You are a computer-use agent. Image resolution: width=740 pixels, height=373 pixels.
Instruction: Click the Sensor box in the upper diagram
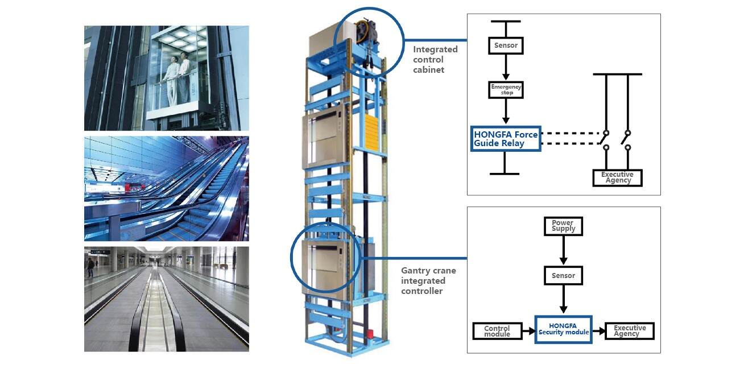(x=506, y=45)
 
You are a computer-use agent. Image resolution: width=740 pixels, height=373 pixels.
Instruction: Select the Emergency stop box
(x=506, y=90)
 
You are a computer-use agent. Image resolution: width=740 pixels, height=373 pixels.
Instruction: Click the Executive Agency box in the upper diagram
(x=617, y=177)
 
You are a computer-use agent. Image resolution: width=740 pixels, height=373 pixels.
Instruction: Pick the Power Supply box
(x=563, y=226)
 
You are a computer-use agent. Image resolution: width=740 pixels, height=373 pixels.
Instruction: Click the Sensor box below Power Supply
(x=563, y=276)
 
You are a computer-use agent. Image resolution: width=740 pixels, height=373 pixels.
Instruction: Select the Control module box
(x=497, y=331)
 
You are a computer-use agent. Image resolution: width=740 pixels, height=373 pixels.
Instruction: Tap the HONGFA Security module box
(x=563, y=330)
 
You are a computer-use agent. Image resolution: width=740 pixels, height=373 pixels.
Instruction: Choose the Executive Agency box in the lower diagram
(x=630, y=331)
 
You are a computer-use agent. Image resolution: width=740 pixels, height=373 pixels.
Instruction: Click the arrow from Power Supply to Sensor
(x=563, y=250)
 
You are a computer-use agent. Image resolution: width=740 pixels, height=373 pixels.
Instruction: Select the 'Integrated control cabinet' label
(x=435, y=59)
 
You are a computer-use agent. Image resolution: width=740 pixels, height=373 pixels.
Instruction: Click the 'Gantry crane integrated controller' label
(x=428, y=281)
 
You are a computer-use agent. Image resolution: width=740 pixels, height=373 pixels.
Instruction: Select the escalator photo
(x=166, y=188)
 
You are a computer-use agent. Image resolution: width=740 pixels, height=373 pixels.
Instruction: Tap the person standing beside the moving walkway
(x=90, y=267)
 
